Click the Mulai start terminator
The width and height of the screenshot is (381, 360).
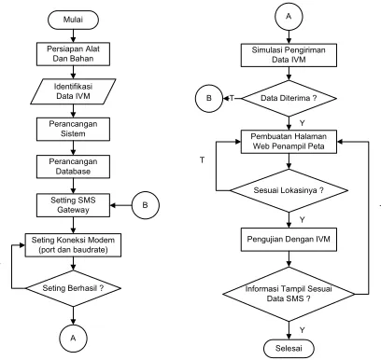pos(73,20)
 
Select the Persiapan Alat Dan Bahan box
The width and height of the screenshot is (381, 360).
pos(73,54)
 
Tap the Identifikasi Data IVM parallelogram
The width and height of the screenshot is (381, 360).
pos(73,91)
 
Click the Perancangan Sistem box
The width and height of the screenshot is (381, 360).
pos(73,129)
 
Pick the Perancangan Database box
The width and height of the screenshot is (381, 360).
pos(73,167)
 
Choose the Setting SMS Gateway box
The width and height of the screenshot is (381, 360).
pos(73,205)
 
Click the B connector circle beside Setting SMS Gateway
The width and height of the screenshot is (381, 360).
pos(146,205)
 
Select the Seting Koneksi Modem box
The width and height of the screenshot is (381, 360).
pos(73,245)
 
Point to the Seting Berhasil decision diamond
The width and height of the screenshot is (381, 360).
pos(73,288)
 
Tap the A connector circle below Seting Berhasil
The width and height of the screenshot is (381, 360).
pos(73,339)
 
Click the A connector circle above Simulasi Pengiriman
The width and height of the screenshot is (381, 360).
pos(289,17)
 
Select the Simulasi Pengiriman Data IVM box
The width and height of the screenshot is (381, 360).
pos(289,55)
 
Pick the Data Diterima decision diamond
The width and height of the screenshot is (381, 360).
pos(289,98)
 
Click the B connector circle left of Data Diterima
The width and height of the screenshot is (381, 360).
pos(209,98)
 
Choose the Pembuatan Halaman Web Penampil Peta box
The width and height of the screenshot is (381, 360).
pos(289,142)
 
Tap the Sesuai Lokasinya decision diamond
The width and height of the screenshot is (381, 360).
pos(289,190)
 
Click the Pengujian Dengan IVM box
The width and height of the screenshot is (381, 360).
pos(289,240)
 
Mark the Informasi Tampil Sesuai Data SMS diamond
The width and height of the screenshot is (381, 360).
pos(289,294)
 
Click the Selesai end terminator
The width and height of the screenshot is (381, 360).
pos(289,349)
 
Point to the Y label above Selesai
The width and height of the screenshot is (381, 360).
pos(303,330)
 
